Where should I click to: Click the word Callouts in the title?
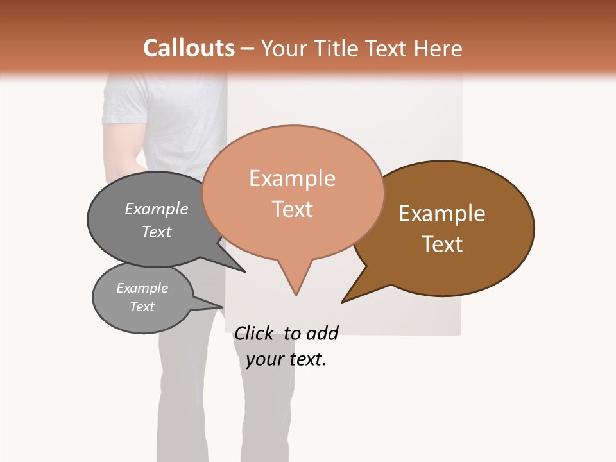click(189, 48)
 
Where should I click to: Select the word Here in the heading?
click(438, 48)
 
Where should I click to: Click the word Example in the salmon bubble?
click(292, 178)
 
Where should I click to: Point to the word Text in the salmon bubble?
click(292, 209)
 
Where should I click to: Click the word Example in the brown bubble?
click(442, 214)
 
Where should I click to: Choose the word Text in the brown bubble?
click(442, 244)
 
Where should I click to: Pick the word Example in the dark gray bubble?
click(156, 209)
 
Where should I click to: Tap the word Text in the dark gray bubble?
click(156, 232)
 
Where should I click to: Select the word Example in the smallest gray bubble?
click(142, 288)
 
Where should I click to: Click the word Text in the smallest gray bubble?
click(142, 307)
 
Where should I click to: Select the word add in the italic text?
click(321, 333)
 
